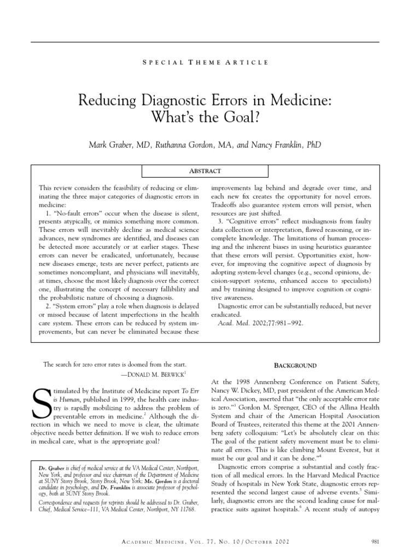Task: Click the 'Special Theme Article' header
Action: point(205,63)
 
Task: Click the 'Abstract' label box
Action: point(205,171)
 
